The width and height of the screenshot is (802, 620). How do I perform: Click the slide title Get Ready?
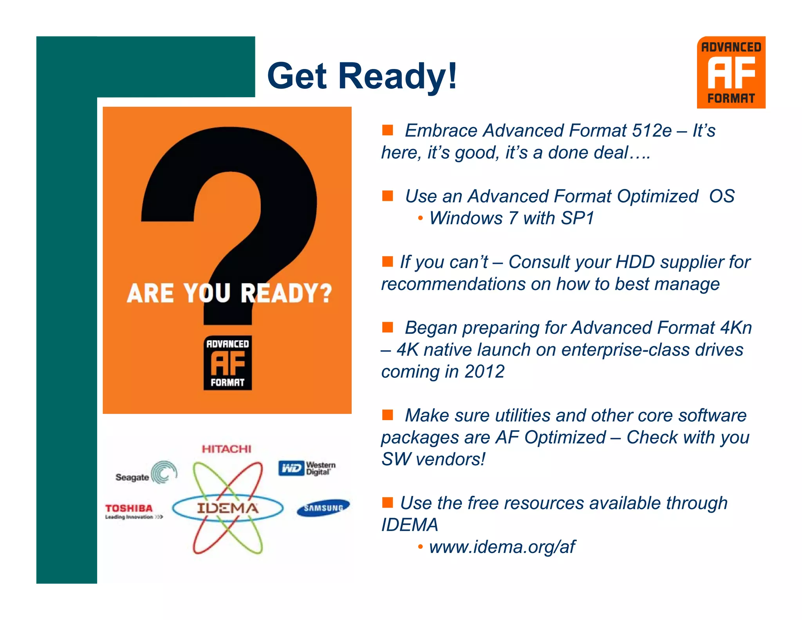(x=362, y=76)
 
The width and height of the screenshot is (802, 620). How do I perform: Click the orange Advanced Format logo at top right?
(x=731, y=73)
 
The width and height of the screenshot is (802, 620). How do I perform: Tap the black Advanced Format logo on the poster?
(x=228, y=363)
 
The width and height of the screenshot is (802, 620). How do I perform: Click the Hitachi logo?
(x=226, y=449)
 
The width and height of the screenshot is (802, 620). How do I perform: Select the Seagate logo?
(x=146, y=473)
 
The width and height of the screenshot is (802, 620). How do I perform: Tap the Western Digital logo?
(x=307, y=468)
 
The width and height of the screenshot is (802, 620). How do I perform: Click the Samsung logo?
(x=323, y=508)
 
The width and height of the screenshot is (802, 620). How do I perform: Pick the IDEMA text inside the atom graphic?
(x=228, y=508)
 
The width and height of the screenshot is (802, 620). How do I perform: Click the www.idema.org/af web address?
(x=502, y=547)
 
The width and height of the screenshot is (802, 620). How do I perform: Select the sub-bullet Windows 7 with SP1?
(x=511, y=218)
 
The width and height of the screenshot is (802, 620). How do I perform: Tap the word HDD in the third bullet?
(x=635, y=262)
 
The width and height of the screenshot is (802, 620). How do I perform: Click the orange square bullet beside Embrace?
(x=387, y=130)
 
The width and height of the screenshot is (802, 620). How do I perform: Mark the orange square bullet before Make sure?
(x=387, y=415)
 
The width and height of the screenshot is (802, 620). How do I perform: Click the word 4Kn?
(x=736, y=328)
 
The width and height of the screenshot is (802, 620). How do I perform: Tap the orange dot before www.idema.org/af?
(x=420, y=547)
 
